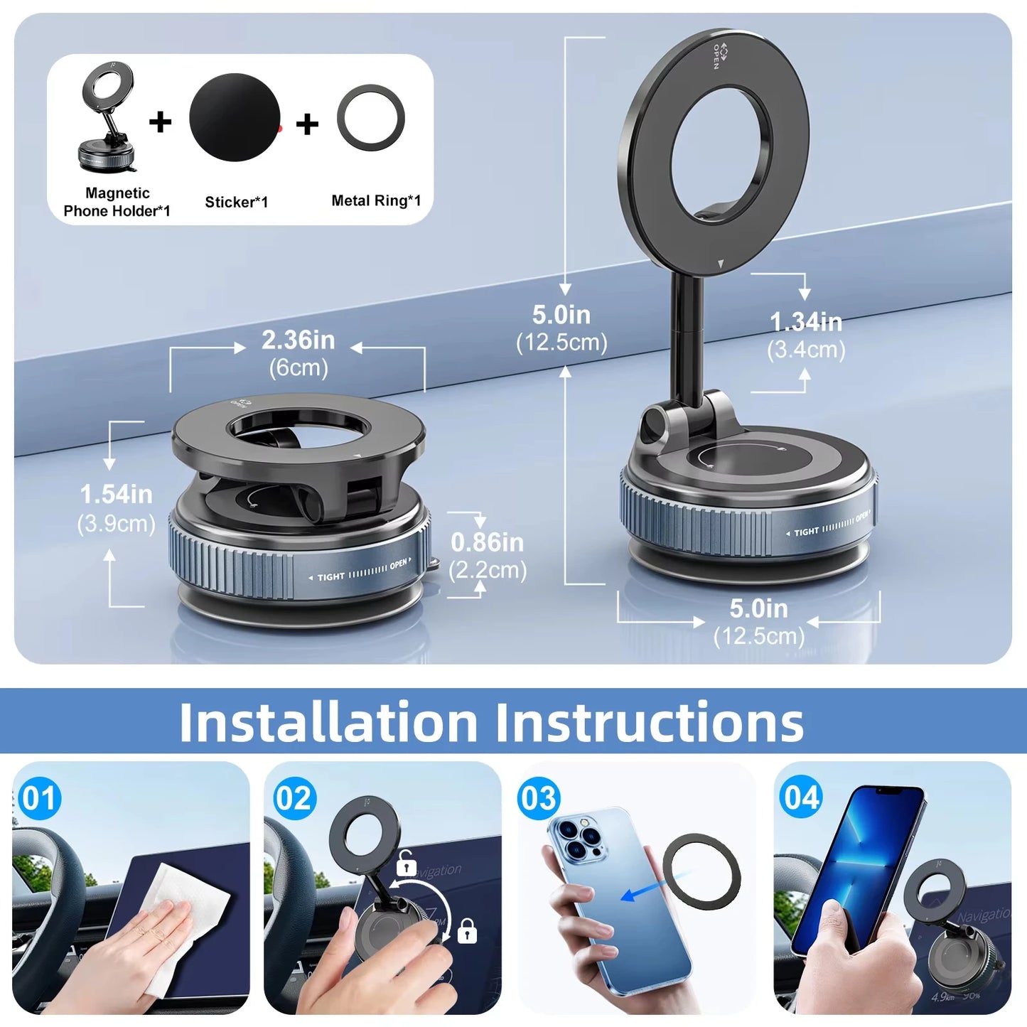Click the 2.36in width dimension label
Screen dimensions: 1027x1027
(298, 341)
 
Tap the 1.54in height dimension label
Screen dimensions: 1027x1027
(116, 495)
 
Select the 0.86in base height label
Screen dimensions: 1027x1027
(487, 543)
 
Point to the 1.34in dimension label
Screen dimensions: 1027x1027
(806, 323)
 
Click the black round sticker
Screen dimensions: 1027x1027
(235, 117)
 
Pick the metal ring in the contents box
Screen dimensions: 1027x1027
(371, 118)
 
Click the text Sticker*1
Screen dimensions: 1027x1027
(236, 203)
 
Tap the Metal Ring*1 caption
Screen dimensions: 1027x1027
(376, 201)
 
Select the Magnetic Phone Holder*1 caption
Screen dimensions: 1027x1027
(117, 202)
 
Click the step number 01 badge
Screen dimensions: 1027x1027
(39, 798)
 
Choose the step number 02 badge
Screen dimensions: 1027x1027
(294, 798)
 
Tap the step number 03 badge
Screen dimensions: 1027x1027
(539, 798)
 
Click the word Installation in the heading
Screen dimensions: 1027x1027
(328, 722)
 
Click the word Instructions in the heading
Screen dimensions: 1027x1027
(649, 722)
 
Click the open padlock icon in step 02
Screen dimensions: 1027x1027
(406, 863)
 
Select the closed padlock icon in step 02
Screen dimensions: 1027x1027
(467, 930)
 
